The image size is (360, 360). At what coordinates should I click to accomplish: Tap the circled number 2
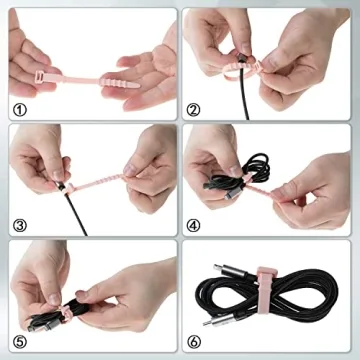point(194,108)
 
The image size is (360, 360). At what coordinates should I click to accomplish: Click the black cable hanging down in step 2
point(248,100)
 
